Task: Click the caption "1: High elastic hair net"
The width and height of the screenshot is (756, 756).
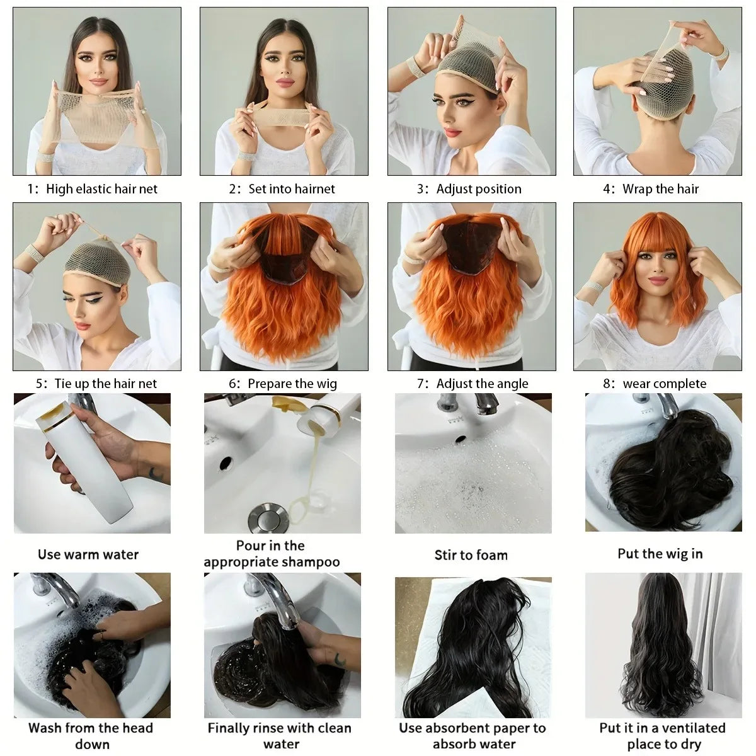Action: coord(93,189)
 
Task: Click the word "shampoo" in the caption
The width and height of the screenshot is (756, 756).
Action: coord(310,562)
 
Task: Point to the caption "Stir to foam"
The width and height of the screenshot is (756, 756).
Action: coord(471,555)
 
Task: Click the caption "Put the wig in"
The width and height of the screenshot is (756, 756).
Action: coord(660,554)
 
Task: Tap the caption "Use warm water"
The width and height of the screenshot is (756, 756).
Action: coord(88,554)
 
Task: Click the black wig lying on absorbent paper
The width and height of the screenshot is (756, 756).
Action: coord(466,649)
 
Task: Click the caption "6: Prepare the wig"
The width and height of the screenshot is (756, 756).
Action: coord(283,384)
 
